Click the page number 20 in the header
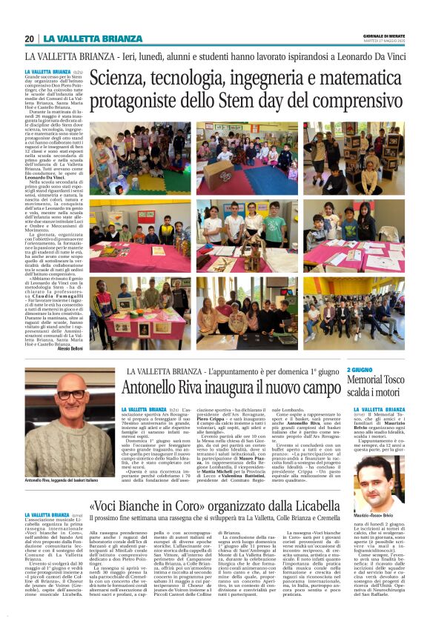(29, 39)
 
